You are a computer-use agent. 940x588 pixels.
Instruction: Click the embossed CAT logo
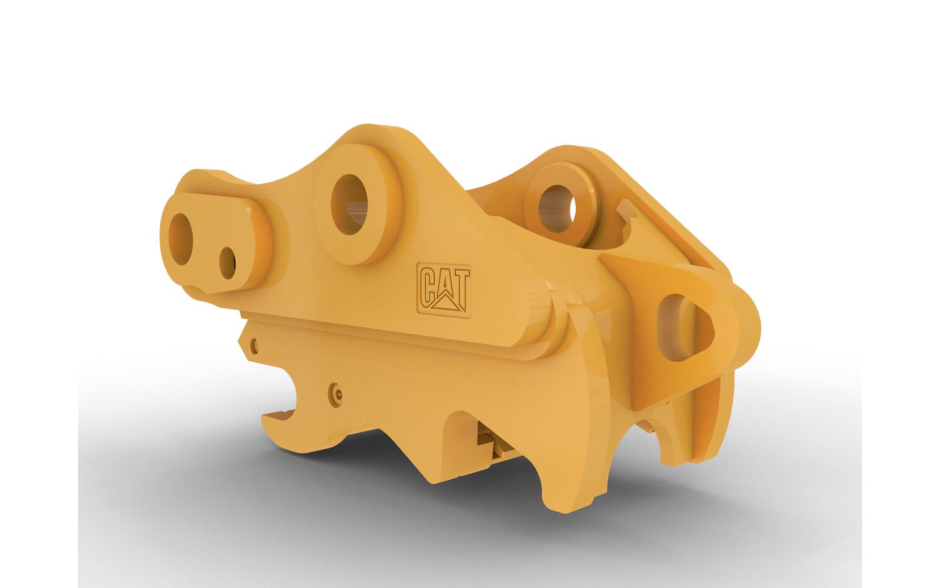click(444, 290)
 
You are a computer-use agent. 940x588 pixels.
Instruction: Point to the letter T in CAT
click(460, 287)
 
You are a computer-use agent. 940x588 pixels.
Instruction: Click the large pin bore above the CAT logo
click(349, 204)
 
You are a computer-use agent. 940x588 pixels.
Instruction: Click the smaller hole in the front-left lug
click(227, 263)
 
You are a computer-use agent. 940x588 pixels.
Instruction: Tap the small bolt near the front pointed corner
click(254, 345)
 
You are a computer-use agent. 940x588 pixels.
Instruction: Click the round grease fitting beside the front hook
click(335, 393)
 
